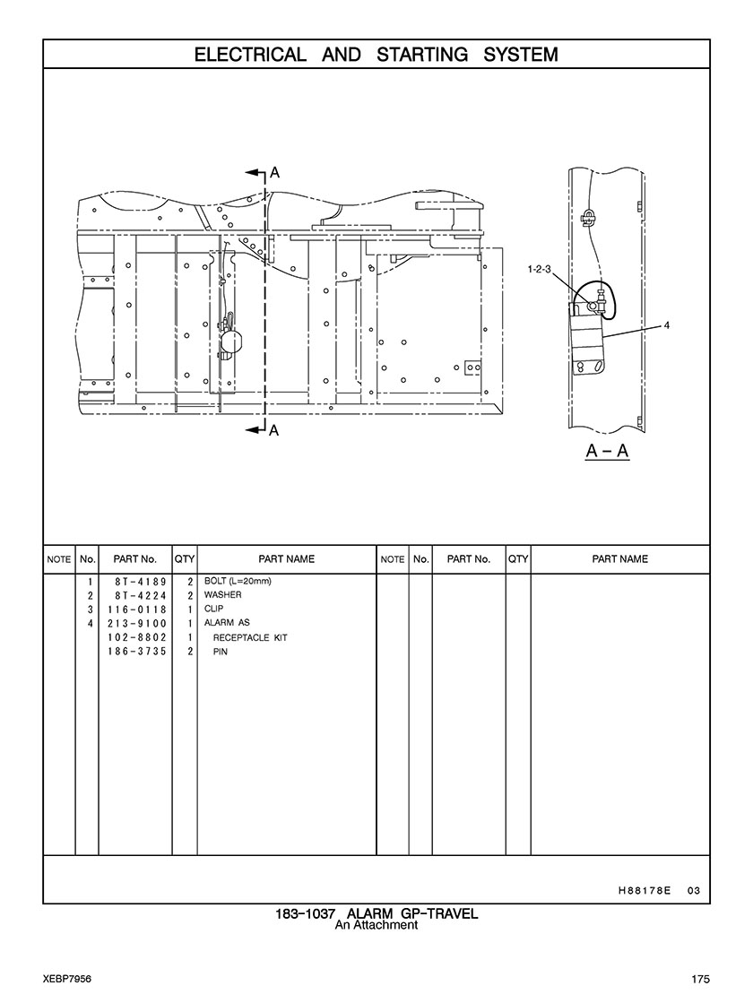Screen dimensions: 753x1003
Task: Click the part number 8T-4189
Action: [141, 582]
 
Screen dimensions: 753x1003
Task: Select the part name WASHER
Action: [222, 595]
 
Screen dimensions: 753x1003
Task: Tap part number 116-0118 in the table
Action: [137, 609]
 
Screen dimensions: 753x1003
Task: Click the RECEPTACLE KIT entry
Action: [250, 638]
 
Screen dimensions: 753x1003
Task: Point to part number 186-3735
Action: [137, 651]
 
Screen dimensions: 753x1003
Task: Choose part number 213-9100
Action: [137, 623]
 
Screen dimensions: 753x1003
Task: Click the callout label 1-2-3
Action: [539, 269]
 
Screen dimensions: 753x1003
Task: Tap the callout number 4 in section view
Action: [667, 325]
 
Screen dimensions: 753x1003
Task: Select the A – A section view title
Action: [607, 452]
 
